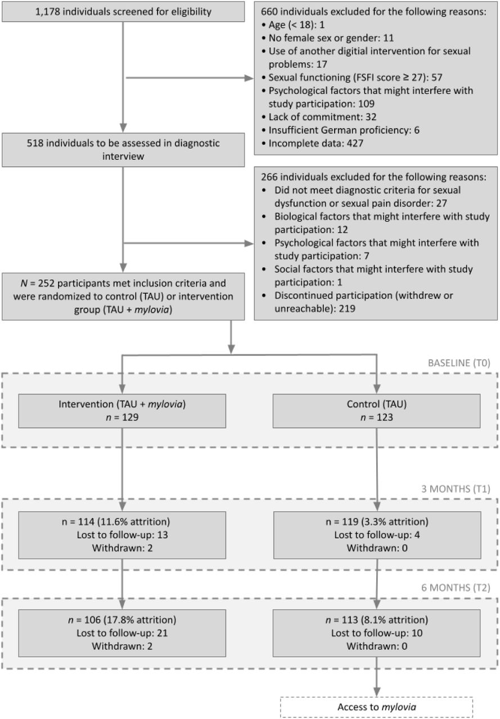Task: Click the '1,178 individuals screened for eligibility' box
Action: point(123,12)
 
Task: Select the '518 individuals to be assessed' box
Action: point(123,150)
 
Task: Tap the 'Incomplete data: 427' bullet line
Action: point(312,143)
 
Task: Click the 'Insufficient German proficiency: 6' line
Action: point(340,130)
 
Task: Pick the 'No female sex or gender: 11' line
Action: point(327,38)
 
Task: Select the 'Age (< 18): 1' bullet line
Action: point(293,25)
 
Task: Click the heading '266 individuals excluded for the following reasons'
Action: point(373,177)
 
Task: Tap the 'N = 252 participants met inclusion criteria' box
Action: point(123,296)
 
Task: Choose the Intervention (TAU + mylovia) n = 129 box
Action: point(122,411)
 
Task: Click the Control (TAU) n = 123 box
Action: point(377,411)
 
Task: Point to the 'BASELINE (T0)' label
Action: point(459,363)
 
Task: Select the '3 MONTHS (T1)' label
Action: point(456,489)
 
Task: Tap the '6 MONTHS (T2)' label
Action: point(456,588)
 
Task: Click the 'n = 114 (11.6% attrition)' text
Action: point(116,522)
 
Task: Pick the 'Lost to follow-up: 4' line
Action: point(377,535)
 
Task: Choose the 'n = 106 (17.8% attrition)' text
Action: point(122,620)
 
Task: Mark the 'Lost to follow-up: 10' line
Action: point(377,633)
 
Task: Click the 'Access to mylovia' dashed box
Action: point(377,707)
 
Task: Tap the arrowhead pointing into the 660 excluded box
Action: point(249,78)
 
